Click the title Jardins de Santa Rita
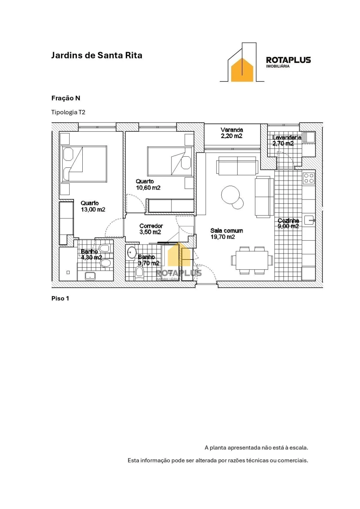tap(96, 55)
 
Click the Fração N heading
tap(66, 98)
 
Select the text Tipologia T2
tap(68, 112)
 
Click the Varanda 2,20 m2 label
tap(231, 133)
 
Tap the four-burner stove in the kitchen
tap(309, 178)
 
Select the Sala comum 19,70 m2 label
tap(226, 234)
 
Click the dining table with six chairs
tap(252, 260)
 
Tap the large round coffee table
tap(230, 195)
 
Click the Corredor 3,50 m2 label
tap(151, 229)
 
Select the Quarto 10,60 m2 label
tap(148, 184)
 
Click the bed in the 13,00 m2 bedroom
tap(84, 164)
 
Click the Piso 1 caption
tap(60, 298)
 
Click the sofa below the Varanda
tap(237, 166)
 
